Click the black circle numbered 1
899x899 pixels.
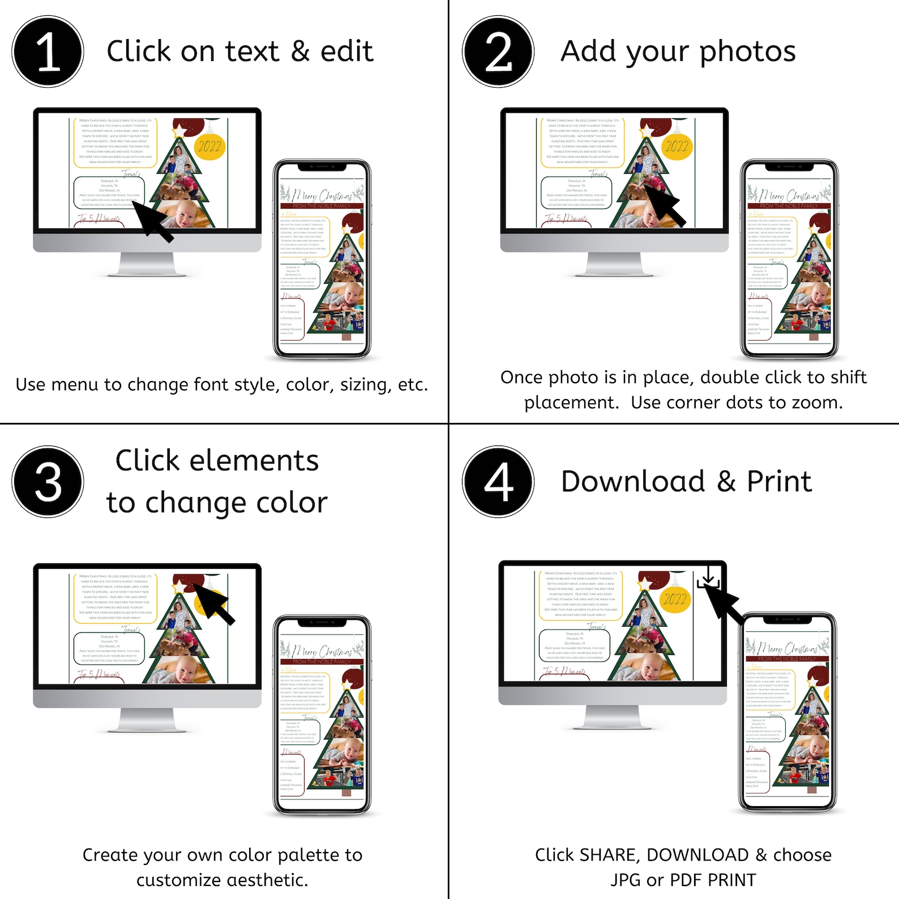[x=48, y=52]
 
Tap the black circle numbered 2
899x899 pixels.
[x=498, y=52]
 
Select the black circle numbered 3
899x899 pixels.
[x=48, y=482]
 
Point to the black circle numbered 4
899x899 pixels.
[x=498, y=482]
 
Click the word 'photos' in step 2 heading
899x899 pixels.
[x=747, y=52]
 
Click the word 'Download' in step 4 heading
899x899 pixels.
[x=633, y=482]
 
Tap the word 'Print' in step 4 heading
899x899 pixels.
[x=779, y=482]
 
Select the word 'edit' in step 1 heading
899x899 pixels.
[x=346, y=52]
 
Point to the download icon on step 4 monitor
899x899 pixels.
[x=708, y=577]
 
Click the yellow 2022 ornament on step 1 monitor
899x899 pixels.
[x=209, y=146]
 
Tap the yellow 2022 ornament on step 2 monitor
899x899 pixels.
[x=677, y=146]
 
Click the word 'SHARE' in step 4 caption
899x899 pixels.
[x=612, y=855]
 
